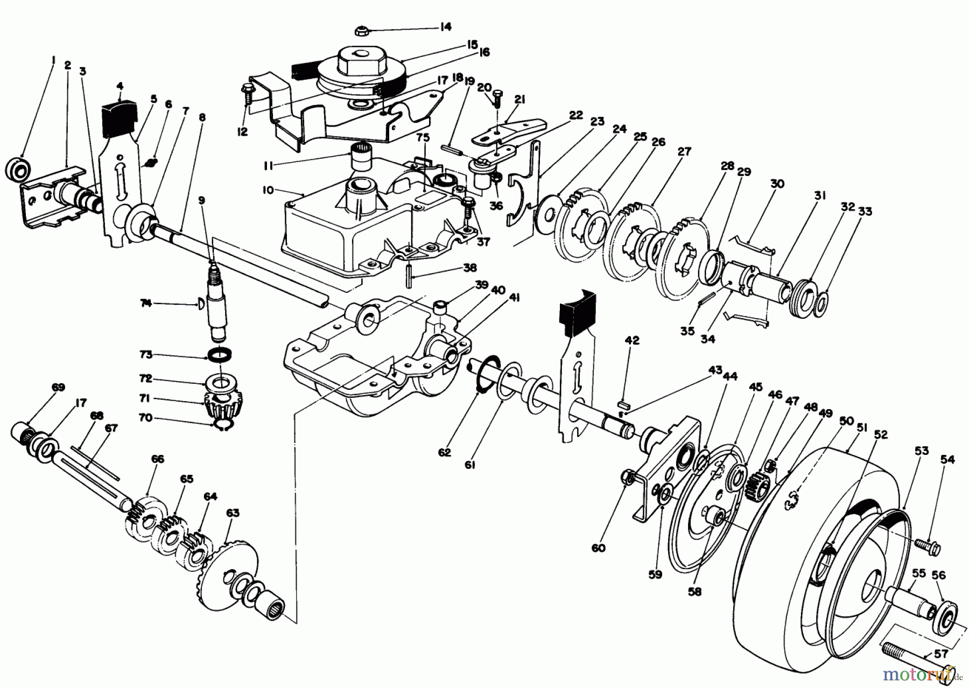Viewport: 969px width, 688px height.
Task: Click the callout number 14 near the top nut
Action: click(x=445, y=27)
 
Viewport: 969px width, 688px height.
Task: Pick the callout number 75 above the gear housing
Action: click(x=423, y=138)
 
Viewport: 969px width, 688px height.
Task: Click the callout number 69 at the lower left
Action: click(x=58, y=388)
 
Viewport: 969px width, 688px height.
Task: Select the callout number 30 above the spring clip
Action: click(x=777, y=184)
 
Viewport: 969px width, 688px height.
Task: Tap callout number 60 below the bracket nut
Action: click(x=598, y=548)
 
